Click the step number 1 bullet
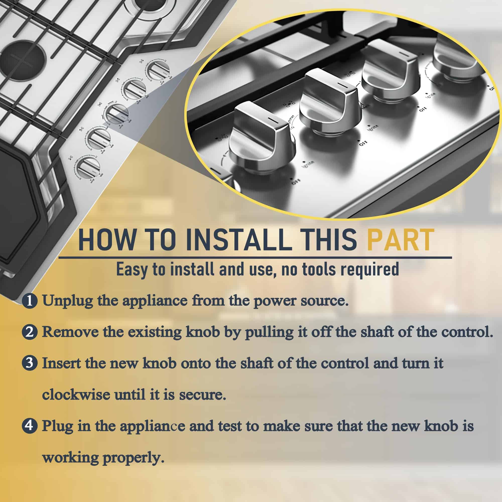click(x=30, y=301)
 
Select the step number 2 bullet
click(x=30, y=332)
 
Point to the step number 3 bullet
click(x=30, y=363)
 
